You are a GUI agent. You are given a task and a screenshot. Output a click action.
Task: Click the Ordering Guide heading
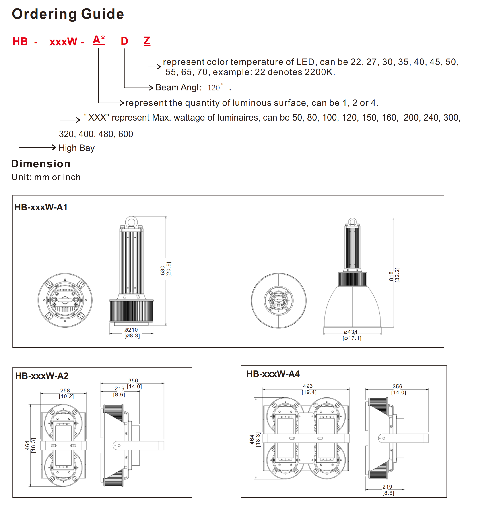68,14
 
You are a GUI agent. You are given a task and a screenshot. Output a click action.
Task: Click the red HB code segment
20,42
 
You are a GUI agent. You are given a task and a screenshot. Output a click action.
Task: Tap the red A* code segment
99,40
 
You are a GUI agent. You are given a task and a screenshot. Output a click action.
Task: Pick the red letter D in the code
124,41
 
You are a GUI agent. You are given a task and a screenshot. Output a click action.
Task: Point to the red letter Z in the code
147,41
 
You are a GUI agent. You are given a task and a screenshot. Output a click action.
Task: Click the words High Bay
76,148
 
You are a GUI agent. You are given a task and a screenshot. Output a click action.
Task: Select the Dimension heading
41,164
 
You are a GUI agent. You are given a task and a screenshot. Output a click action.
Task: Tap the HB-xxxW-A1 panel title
41,207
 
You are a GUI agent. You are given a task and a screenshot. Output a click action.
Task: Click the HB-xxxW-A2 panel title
42,376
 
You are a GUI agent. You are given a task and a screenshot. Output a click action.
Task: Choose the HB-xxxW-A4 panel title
273,374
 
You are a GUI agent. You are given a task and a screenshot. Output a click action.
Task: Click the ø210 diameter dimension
131,330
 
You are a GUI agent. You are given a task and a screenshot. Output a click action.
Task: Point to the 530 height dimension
163,270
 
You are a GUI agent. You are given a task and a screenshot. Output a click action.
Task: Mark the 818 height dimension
391,276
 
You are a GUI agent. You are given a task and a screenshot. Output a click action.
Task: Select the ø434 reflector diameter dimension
350,332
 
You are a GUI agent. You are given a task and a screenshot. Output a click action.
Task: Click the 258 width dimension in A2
65,390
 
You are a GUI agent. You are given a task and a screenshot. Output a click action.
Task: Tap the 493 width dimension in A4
308,386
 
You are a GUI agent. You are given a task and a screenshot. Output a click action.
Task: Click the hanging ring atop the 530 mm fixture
131,222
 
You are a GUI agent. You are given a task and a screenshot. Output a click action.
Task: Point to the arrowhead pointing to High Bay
54,147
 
